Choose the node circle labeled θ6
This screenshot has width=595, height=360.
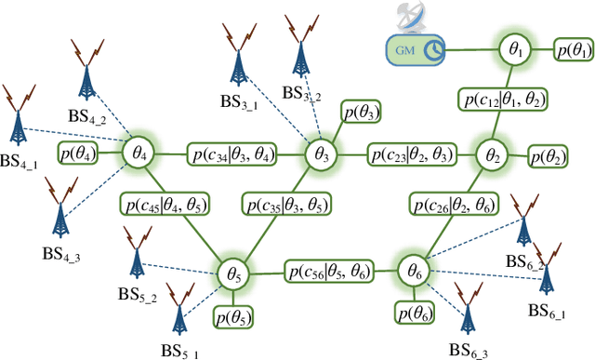point(412,272)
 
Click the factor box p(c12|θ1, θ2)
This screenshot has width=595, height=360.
point(501,99)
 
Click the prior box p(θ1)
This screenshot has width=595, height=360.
point(574,48)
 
